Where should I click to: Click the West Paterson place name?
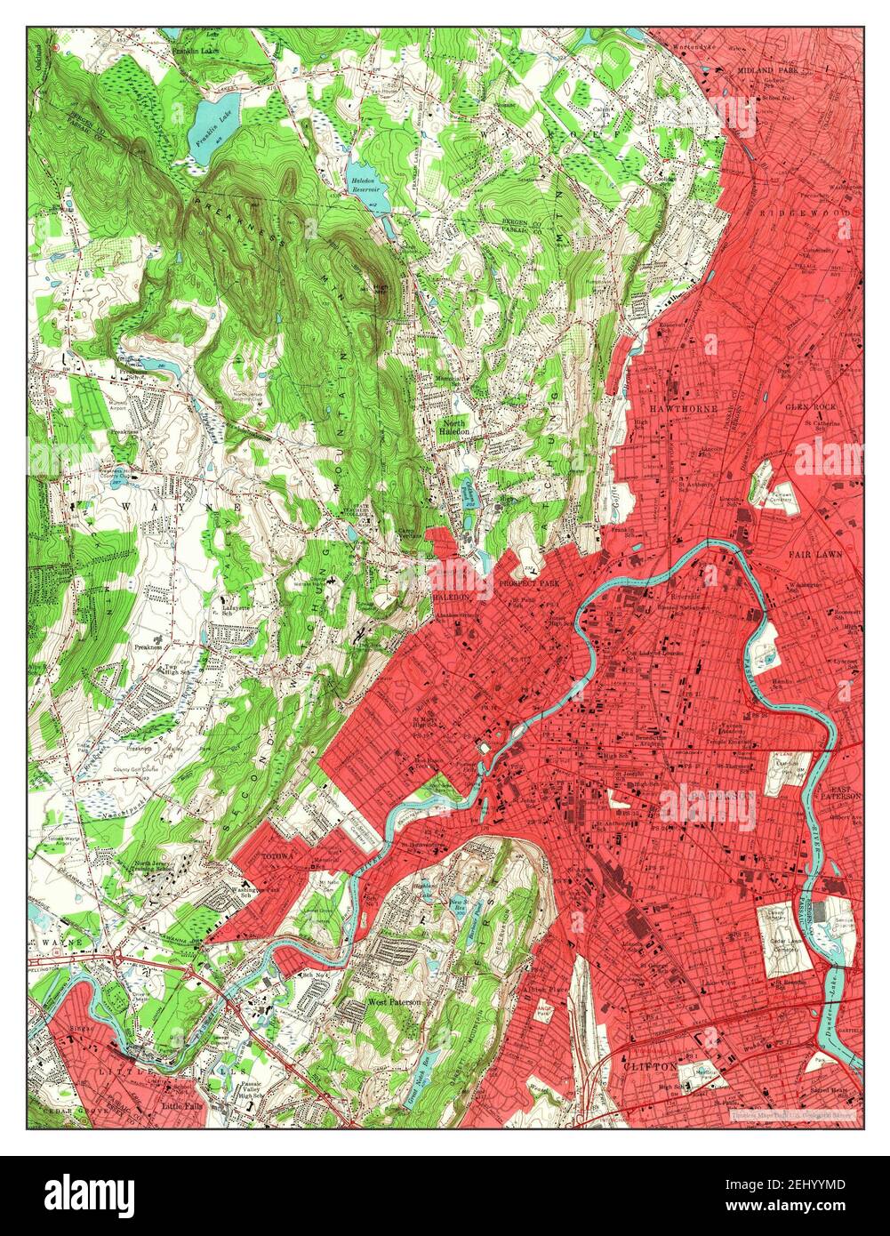pyautogui.click(x=394, y=1002)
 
